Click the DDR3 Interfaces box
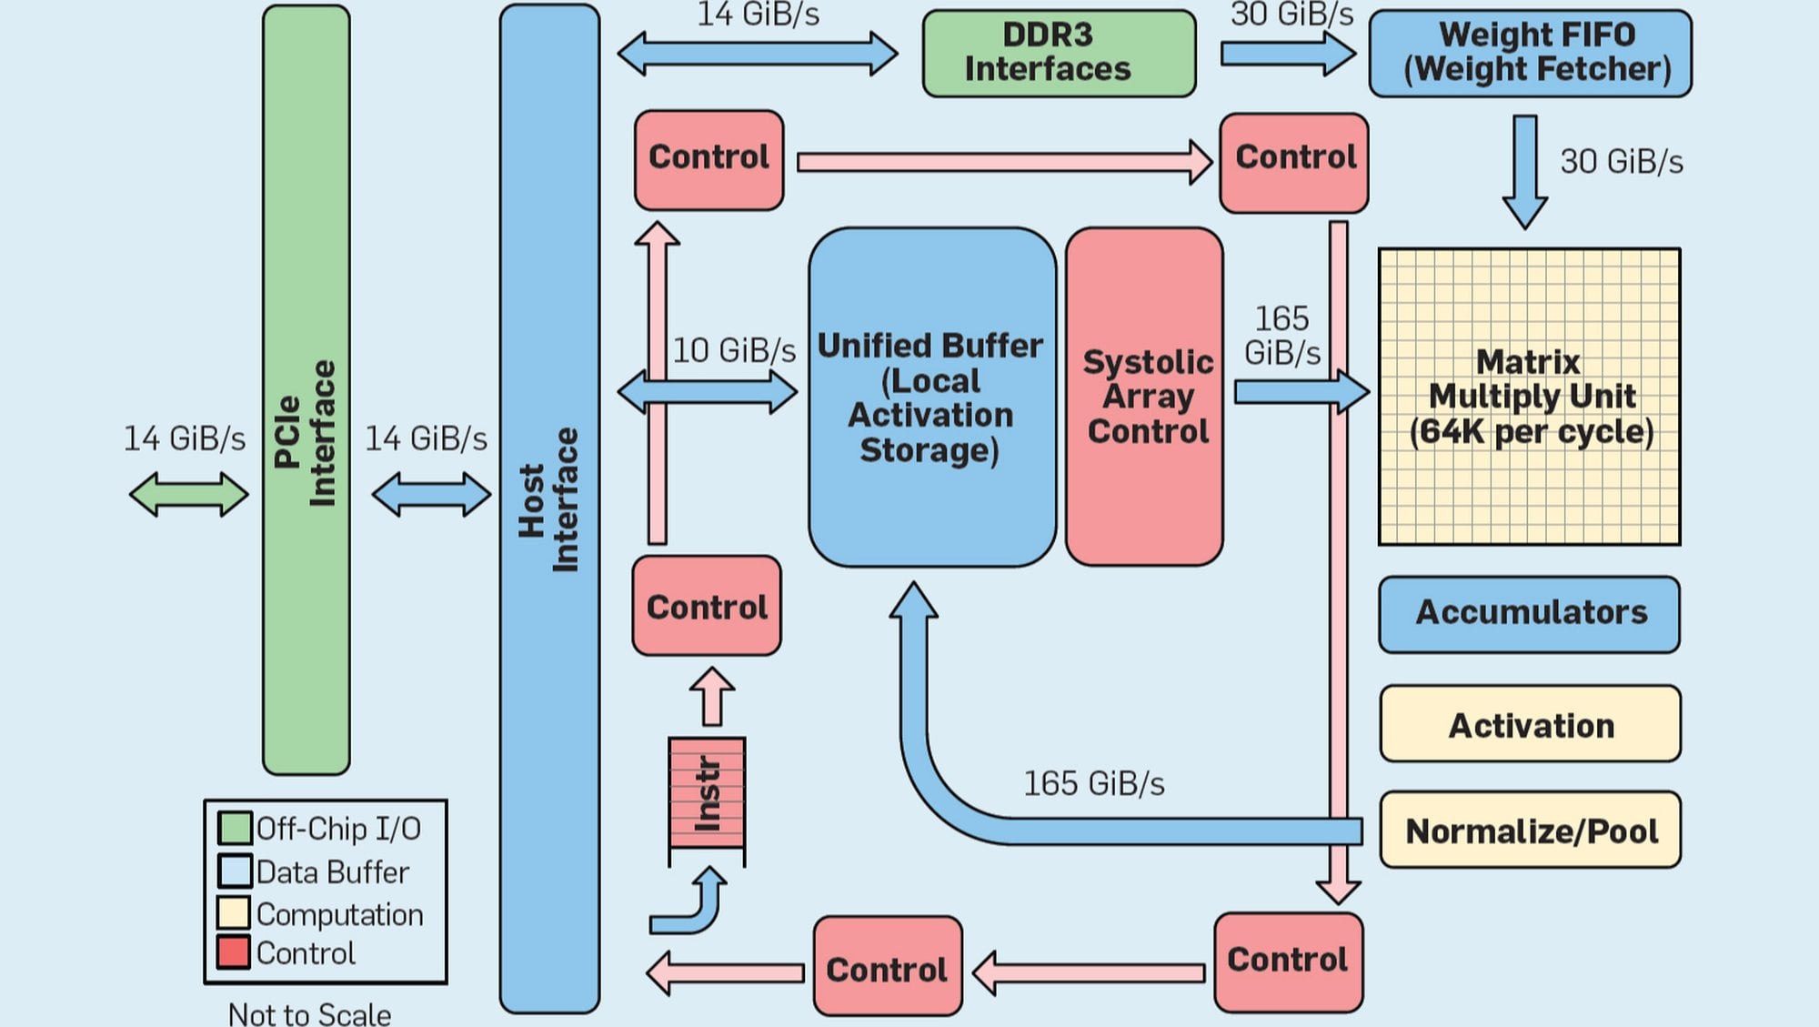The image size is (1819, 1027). pyautogui.click(x=1059, y=53)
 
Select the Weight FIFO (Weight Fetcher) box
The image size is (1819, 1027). pyautogui.click(x=1530, y=53)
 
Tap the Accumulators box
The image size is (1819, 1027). pyautogui.click(x=1529, y=614)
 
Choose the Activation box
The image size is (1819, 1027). pyautogui.click(x=1530, y=724)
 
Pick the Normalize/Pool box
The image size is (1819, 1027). pyautogui.click(x=1530, y=830)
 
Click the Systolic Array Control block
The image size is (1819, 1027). pyautogui.click(x=1144, y=397)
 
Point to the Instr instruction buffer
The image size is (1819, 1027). pyautogui.click(x=707, y=793)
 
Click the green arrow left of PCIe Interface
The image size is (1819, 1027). pyautogui.click(x=188, y=494)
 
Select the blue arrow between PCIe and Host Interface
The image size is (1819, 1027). pyautogui.click(x=431, y=494)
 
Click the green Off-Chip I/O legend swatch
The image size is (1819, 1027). pyautogui.click(x=235, y=828)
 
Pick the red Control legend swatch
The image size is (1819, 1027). pyautogui.click(x=234, y=952)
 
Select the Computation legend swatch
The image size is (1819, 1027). pyautogui.click(x=234, y=912)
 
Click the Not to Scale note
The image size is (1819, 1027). pyautogui.click(x=309, y=1013)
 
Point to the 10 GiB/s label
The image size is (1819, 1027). pyautogui.click(x=733, y=350)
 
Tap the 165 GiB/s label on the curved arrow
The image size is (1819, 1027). pyautogui.click(x=1093, y=783)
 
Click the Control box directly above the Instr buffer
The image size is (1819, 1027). pyautogui.click(x=707, y=606)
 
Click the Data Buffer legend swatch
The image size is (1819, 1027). pyautogui.click(x=235, y=871)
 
